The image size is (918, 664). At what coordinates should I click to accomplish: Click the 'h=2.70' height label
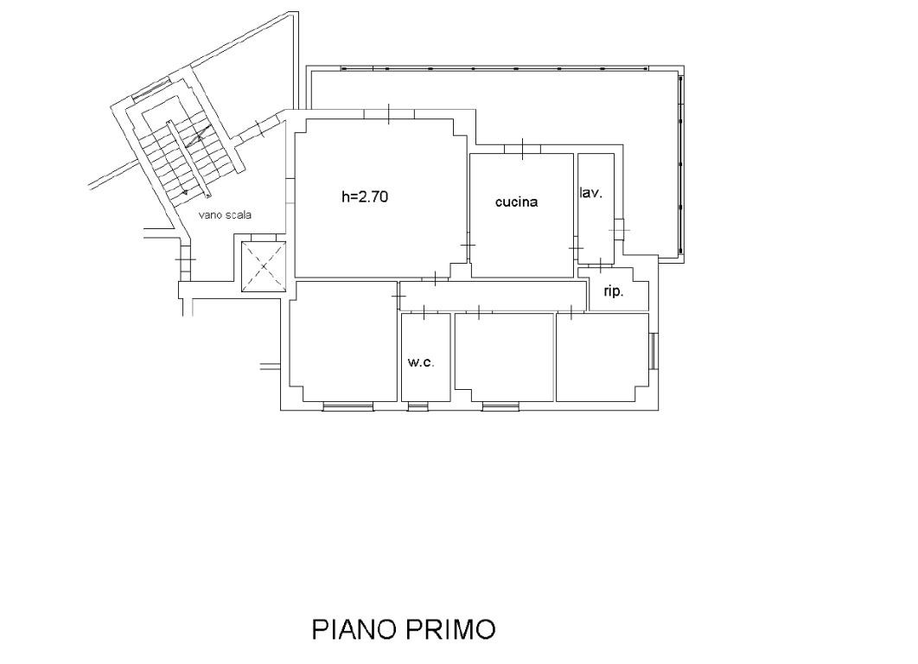pyautogui.click(x=364, y=197)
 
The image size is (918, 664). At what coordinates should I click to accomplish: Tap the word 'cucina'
pyautogui.click(x=516, y=202)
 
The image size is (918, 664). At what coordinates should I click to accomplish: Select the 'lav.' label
pyautogui.click(x=590, y=193)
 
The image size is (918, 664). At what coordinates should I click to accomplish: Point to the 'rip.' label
pyautogui.click(x=613, y=291)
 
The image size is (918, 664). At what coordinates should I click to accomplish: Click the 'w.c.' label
pyautogui.click(x=421, y=362)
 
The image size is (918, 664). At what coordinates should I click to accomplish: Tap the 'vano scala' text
pyautogui.click(x=226, y=215)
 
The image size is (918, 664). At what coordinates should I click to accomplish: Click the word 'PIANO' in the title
pyautogui.click(x=355, y=629)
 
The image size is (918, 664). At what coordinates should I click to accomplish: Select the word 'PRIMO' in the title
pyautogui.click(x=451, y=629)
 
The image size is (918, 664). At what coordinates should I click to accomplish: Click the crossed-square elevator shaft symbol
pyautogui.click(x=264, y=266)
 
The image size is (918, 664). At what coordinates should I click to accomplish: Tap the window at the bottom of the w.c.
pyautogui.click(x=418, y=406)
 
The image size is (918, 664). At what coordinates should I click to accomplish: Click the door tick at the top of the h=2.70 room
pyautogui.click(x=389, y=113)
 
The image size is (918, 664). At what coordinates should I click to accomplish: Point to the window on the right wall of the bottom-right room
pyautogui.click(x=654, y=351)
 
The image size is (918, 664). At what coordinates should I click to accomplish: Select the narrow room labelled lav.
pyautogui.click(x=596, y=208)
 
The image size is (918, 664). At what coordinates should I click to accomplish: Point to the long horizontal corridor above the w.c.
pyautogui.click(x=493, y=296)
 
